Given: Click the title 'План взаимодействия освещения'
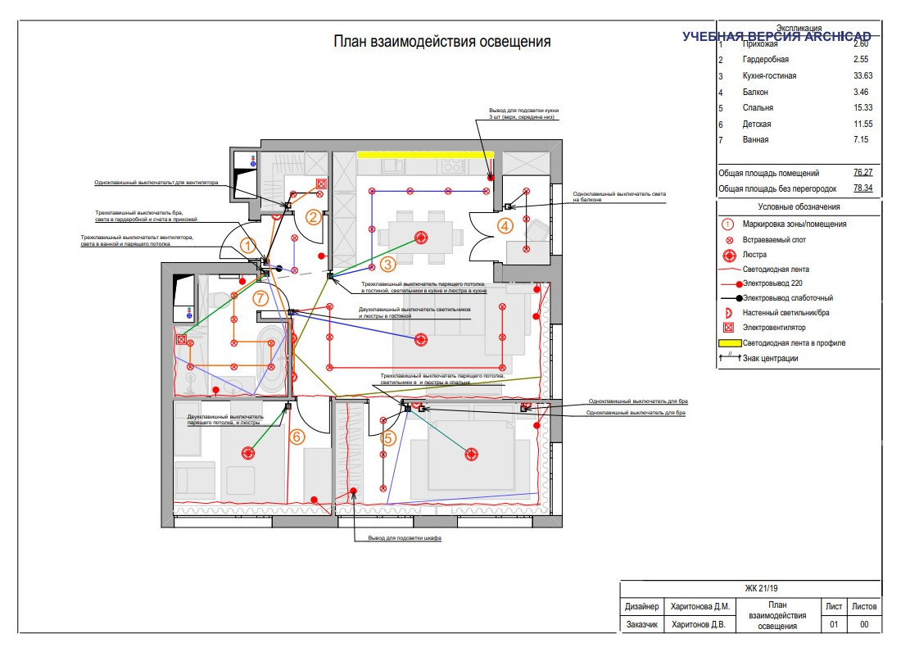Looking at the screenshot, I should [x=441, y=42].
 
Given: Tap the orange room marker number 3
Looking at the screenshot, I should [x=387, y=264].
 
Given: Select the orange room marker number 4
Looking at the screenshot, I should [x=505, y=225].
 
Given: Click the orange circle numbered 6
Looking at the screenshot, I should [x=297, y=437].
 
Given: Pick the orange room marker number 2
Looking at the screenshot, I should [x=313, y=217].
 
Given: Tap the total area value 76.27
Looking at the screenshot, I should [x=863, y=173].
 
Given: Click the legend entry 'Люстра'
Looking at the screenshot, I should [x=755, y=254].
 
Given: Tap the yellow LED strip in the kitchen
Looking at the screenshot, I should [x=425, y=153].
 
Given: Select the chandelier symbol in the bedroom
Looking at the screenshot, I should [x=471, y=453].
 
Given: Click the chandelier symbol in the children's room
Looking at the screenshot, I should [x=248, y=451].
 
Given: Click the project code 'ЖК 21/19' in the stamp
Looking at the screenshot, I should [x=761, y=588].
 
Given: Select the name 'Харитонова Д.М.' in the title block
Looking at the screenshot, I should [x=700, y=607].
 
